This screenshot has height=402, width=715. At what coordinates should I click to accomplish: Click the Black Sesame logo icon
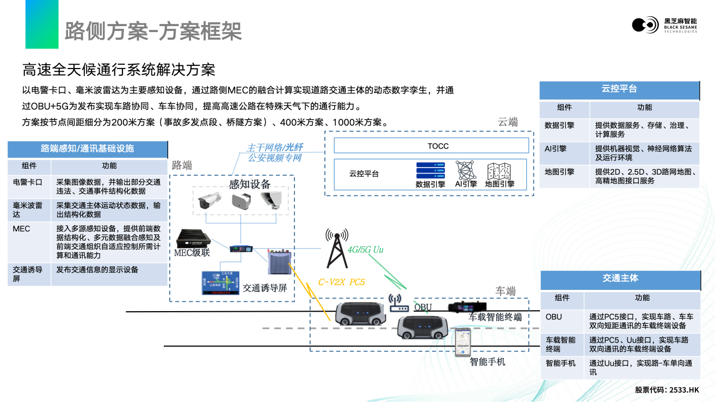coord(645,25)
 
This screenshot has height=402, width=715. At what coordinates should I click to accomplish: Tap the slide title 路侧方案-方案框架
coord(153,31)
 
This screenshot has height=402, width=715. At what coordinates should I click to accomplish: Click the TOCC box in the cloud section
coord(431,146)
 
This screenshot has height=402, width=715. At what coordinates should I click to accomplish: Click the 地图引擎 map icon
coord(499,171)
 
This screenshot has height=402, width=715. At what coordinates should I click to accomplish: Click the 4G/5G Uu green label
coord(366,250)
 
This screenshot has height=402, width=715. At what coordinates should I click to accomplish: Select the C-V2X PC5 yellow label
coord(341,282)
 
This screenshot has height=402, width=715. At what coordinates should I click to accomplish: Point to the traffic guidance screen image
coord(220,283)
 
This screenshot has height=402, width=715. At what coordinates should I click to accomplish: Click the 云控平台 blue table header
coord(619,89)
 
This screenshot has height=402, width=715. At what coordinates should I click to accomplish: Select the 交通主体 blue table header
coord(620,279)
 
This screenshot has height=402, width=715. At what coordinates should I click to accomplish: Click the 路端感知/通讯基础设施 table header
coord(88,149)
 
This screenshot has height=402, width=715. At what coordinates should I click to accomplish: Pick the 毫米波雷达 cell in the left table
coord(27,209)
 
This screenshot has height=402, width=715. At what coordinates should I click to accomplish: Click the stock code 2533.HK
coord(684,390)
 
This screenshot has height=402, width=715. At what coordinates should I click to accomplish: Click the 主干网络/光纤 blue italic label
coord(274,148)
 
